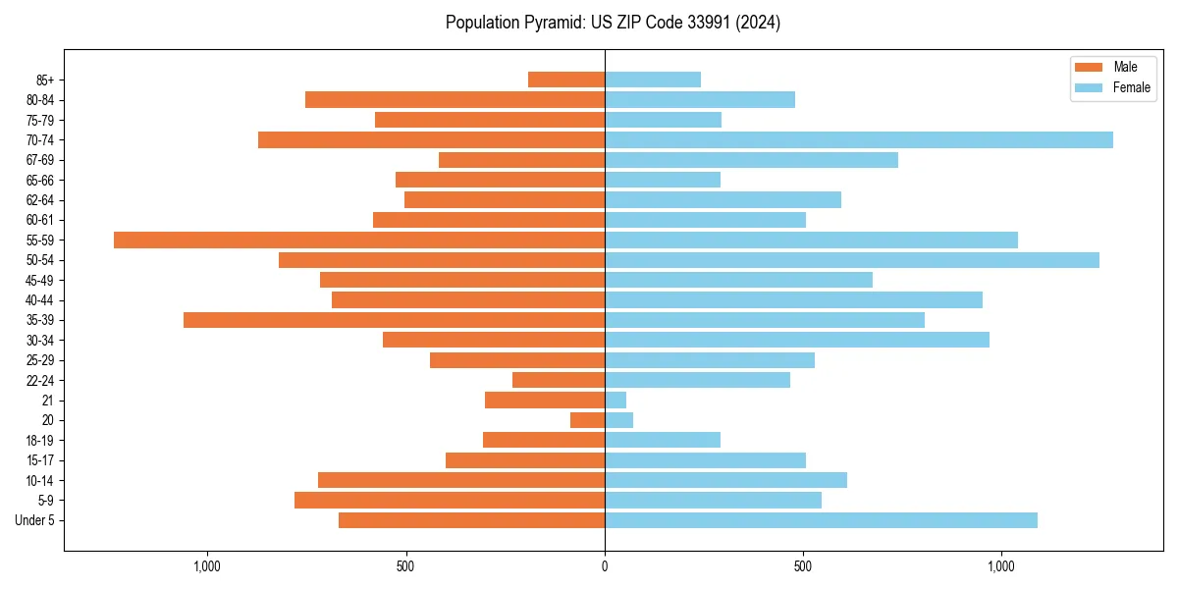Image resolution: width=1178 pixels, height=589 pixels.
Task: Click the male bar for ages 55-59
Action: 359,240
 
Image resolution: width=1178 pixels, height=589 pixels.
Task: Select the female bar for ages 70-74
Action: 859,139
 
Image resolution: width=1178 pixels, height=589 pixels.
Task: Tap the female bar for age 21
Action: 616,400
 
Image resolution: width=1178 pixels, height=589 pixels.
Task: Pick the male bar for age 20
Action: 588,420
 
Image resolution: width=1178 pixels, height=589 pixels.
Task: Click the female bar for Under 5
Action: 821,520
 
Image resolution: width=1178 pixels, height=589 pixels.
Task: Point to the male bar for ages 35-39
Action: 394,320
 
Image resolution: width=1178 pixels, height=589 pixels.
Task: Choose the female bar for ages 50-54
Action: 852,260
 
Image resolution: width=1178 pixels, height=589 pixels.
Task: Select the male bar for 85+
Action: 566,80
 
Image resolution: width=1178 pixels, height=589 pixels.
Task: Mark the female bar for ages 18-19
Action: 663,440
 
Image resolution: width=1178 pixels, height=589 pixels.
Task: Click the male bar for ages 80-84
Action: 455,99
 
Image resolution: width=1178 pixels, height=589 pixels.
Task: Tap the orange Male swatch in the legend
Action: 1089,67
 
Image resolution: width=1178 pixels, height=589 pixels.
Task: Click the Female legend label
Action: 1132,87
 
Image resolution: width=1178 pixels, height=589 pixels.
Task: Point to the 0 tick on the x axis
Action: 605,566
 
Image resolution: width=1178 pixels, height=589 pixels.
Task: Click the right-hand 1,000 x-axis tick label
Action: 1001,566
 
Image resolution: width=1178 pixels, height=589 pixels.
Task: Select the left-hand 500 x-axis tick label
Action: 405,566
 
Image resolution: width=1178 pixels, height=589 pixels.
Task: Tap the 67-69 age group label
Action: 40,160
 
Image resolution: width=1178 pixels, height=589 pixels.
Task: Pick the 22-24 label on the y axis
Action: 40,380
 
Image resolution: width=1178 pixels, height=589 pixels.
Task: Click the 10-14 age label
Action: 40,480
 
